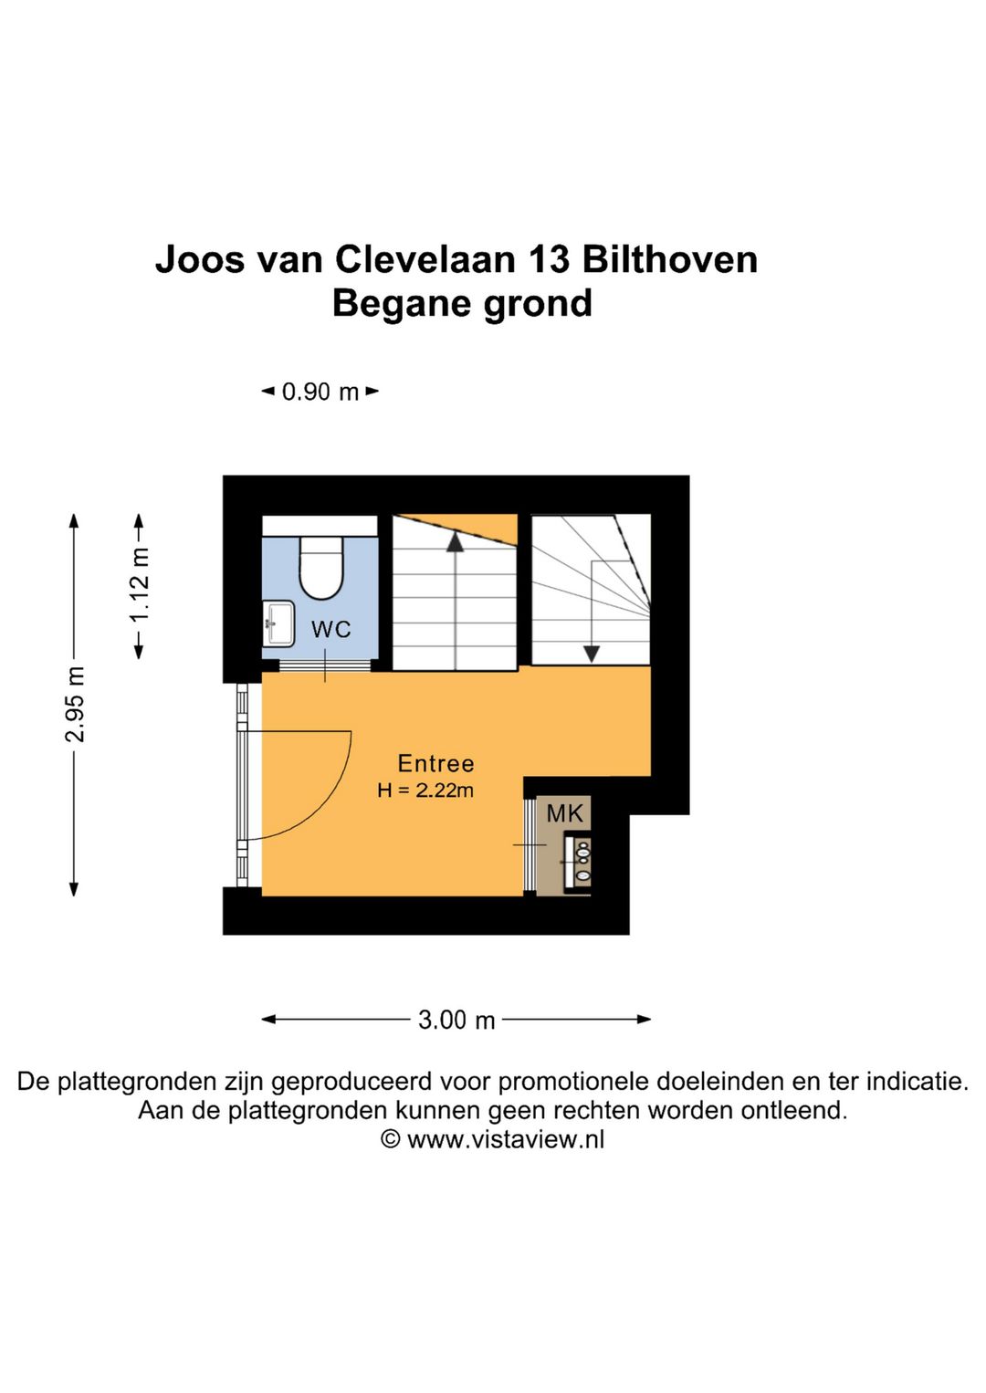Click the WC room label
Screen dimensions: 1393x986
click(330, 629)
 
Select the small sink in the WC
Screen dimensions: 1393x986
click(278, 623)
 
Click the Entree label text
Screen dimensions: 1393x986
click(435, 763)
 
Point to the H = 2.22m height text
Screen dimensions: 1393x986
click(425, 791)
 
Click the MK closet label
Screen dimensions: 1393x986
click(564, 812)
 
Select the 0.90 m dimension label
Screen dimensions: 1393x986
click(320, 392)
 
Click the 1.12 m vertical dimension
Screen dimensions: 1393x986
click(139, 585)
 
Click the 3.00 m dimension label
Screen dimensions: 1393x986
click(456, 1020)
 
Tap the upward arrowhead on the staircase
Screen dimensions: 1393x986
click(455, 542)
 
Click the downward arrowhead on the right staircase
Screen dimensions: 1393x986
click(592, 654)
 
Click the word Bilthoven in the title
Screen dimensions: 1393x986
click(669, 259)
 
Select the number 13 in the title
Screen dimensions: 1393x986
click(549, 259)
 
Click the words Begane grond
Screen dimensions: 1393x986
click(462, 303)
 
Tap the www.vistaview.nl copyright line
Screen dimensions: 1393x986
click(493, 1139)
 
